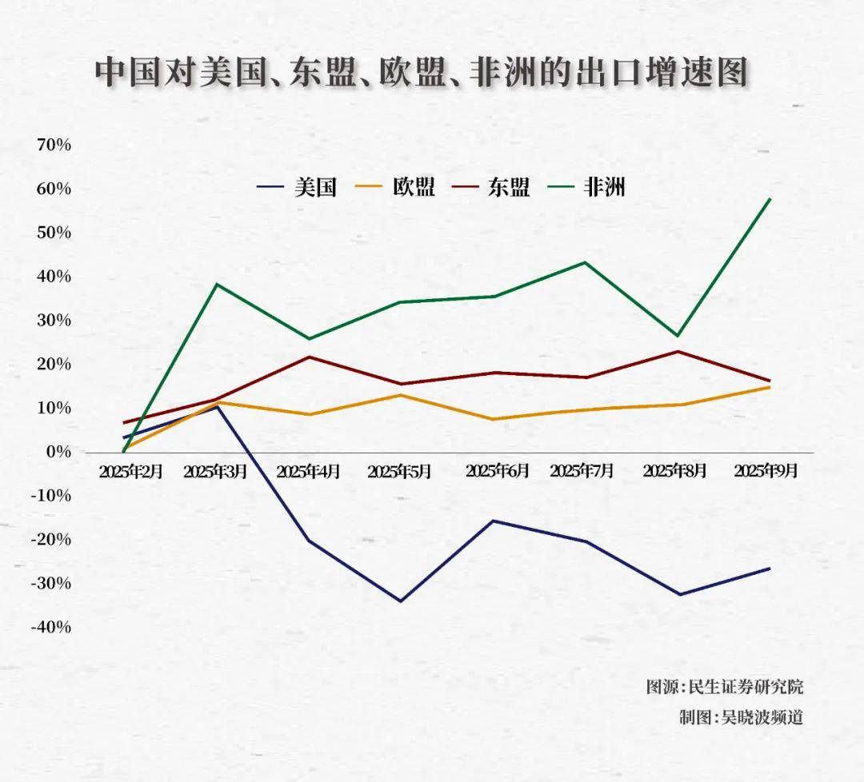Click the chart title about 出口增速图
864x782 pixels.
click(422, 72)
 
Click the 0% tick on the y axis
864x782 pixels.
click(58, 452)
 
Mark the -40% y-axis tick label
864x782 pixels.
click(50, 627)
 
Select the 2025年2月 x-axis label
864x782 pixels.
click(131, 472)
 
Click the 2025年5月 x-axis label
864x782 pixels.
click(399, 472)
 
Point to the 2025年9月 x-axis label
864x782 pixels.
click(766, 470)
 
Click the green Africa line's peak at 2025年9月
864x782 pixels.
click(770, 198)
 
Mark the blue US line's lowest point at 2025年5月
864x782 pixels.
click(422, 600)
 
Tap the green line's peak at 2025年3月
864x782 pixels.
click(217, 284)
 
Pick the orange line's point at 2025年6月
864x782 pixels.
click(494, 419)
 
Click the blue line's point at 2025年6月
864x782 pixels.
click(494, 521)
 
